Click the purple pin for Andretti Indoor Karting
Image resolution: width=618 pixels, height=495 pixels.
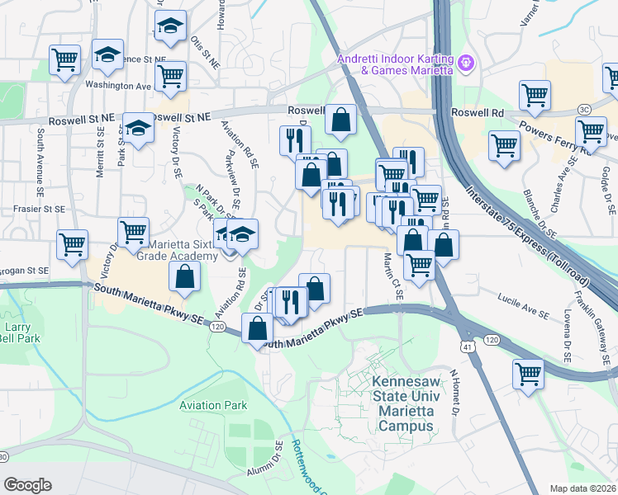pos(466,61)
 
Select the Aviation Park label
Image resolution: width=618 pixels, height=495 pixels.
pos(213,405)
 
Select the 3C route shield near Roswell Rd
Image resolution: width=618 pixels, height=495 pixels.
pos(584,109)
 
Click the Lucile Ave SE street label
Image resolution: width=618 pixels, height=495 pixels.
pos(524,313)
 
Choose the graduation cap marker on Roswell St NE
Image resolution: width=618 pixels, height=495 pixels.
pos(138,128)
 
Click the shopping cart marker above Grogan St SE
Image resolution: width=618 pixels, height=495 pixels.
pos(72,244)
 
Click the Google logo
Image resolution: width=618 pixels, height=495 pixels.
pos(27,485)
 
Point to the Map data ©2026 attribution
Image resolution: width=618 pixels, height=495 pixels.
pos(582,488)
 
